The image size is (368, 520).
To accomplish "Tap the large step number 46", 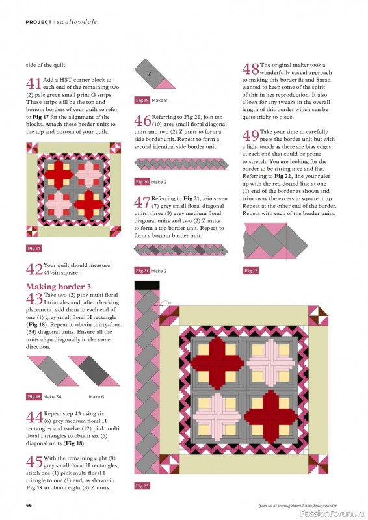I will coord(143,120).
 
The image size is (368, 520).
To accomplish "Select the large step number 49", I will coord(250,136).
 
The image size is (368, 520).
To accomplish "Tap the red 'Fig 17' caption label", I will coord(34,248).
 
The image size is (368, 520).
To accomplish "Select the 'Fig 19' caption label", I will coord(142,100).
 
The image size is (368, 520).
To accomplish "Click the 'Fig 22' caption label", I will coord(250,270).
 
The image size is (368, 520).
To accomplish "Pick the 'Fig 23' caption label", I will coord(142,486).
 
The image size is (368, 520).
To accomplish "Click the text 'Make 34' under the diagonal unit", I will coord(55,396).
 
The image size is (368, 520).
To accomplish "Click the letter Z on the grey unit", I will coord(150,73).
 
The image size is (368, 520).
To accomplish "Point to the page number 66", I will coord(29,505).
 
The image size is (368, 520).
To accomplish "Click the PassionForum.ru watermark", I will coord(335,513).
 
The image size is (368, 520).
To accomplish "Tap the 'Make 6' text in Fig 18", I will coord(96,396).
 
